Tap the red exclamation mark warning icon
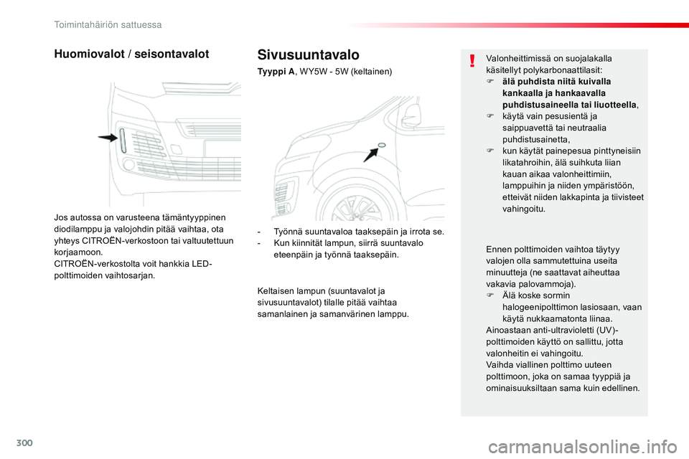pos(472,60)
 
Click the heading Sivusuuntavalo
pos(308,55)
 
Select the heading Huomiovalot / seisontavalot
pos(131,54)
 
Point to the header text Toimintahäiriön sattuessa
pos(108,24)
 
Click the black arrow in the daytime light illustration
pos(109,138)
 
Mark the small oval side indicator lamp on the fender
pos(382,145)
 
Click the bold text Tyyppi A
pos(276,72)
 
